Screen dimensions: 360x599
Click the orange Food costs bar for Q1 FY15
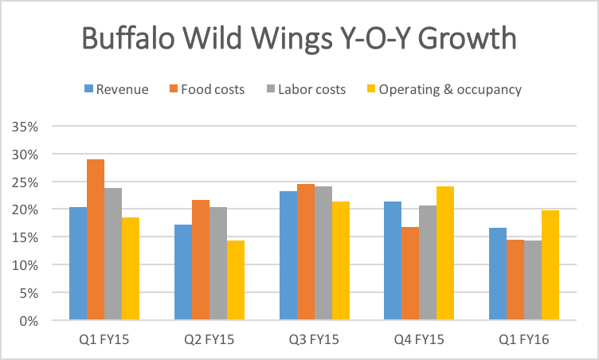coord(96,240)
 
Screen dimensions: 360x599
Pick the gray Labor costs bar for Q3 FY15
coord(323,253)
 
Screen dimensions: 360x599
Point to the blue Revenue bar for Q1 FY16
coord(499,274)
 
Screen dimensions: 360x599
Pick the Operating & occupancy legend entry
coord(443,89)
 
